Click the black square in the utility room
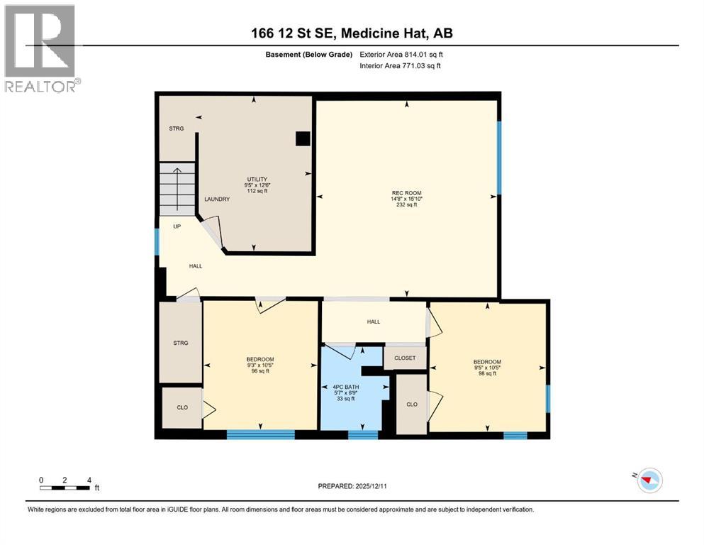[303, 139]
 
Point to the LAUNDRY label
[217, 200]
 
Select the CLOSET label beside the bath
[405, 358]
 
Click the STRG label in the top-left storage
[177, 129]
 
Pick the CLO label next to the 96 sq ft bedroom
[181, 407]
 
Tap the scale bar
[65, 488]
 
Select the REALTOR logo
[41, 48]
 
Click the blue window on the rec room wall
[498, 158]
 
